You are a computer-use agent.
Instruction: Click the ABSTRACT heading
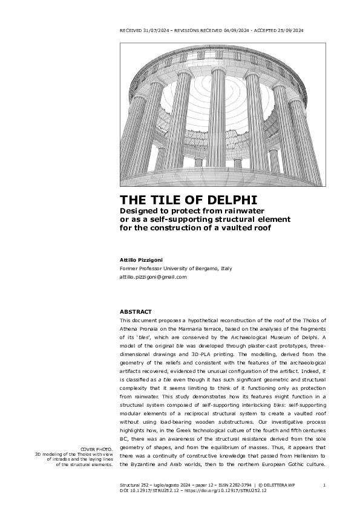(136, 311)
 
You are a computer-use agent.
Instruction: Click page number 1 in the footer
(324, 485)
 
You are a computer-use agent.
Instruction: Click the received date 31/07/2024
(152, 30)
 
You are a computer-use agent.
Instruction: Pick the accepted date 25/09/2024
(286, 30)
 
